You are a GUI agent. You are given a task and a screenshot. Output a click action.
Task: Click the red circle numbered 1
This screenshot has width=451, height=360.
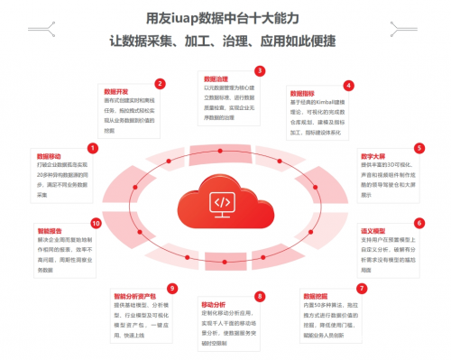91,147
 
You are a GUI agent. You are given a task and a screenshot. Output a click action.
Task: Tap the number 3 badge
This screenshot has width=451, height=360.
259,70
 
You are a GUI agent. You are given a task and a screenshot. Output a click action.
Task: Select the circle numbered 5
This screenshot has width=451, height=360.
419,147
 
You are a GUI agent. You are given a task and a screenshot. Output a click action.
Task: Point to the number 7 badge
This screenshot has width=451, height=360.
362,288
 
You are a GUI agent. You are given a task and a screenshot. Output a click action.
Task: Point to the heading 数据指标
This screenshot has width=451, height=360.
302,93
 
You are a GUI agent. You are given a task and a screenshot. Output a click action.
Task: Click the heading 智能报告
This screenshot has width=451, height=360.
49,231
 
